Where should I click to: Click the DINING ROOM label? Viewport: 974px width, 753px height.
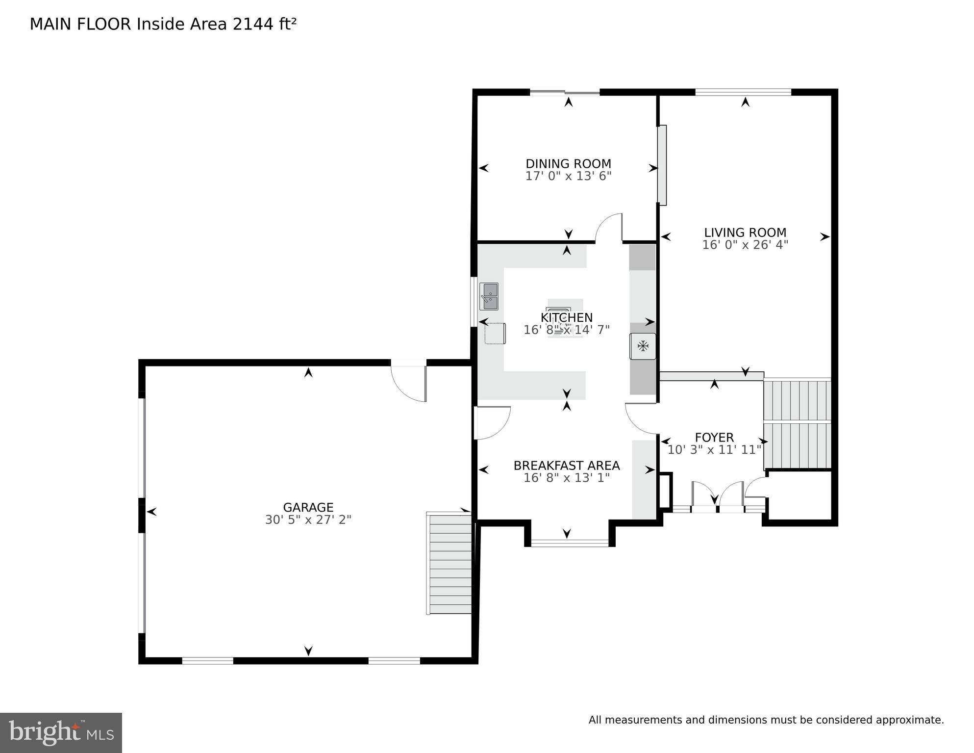point(568,163)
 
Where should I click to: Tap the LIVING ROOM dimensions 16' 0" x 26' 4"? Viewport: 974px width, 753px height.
point(745,245)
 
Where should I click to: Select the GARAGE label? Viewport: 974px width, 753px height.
point(308,507)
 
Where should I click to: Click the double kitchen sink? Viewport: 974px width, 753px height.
point(489,296)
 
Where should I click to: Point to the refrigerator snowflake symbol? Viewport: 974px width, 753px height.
point(643,346)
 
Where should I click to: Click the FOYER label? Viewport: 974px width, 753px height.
point(714,437)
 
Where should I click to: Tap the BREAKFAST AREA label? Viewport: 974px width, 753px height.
point(566,465)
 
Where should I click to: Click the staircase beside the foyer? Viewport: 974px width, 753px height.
point(798,424)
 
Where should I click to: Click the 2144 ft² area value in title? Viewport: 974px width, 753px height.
point(264,24)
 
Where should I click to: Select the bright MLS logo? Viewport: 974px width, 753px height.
point(61,732)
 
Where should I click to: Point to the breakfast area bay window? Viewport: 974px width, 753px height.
point(570,543)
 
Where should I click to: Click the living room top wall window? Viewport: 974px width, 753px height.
point(743,92)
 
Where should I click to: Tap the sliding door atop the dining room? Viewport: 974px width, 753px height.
point(564,92)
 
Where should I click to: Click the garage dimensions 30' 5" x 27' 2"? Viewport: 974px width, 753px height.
point(308,519)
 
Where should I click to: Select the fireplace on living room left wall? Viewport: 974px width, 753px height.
point(662,165)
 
